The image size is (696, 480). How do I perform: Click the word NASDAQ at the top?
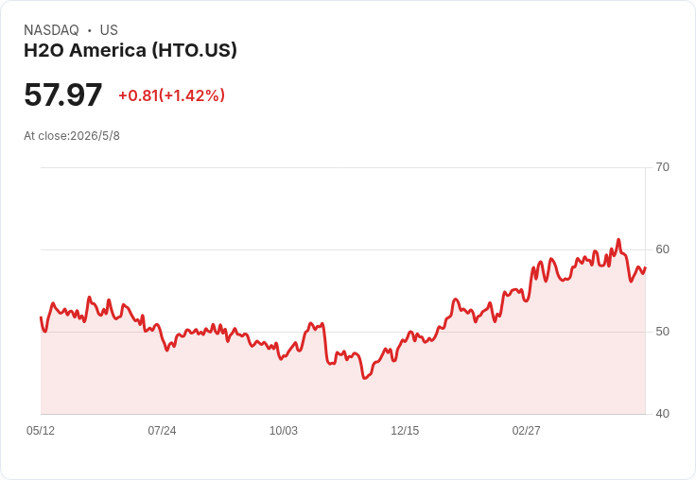(51, 30)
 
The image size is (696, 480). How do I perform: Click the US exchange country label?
(109, 30)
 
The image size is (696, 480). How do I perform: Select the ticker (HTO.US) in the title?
(195, 50)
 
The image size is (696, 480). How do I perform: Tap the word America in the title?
(108, 50)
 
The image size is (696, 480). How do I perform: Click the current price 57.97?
(63, 94)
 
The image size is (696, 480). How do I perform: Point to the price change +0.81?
(138, 95)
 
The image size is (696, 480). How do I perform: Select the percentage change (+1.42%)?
(192, 95)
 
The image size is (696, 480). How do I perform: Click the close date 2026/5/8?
(95, 136)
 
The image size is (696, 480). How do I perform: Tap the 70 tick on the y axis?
(662, 167)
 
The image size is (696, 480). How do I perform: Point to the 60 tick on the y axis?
(662, 249)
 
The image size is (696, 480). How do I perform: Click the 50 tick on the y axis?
(662, 332)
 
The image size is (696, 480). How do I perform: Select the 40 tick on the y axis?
(662, 414)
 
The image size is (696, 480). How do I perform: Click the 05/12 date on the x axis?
(41, 430)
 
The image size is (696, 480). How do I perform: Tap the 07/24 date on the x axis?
(162, 430)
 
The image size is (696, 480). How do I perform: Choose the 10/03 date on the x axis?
(284, 430)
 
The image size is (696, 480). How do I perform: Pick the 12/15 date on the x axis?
(405, 430)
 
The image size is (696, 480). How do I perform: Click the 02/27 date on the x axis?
(527, 430)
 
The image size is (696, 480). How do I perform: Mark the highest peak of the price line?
(618, 240)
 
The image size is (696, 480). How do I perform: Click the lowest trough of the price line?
(364, 378)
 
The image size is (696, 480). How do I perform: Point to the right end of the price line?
(645, 268)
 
